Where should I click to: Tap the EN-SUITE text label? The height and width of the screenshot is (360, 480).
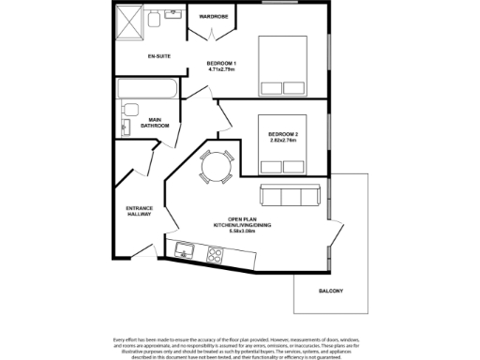[x=158, y=55]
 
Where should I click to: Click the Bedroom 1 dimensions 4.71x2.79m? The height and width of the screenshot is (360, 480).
[x=220, y=69]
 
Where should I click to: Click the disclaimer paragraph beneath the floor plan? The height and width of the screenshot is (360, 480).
[x=240, y=347]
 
